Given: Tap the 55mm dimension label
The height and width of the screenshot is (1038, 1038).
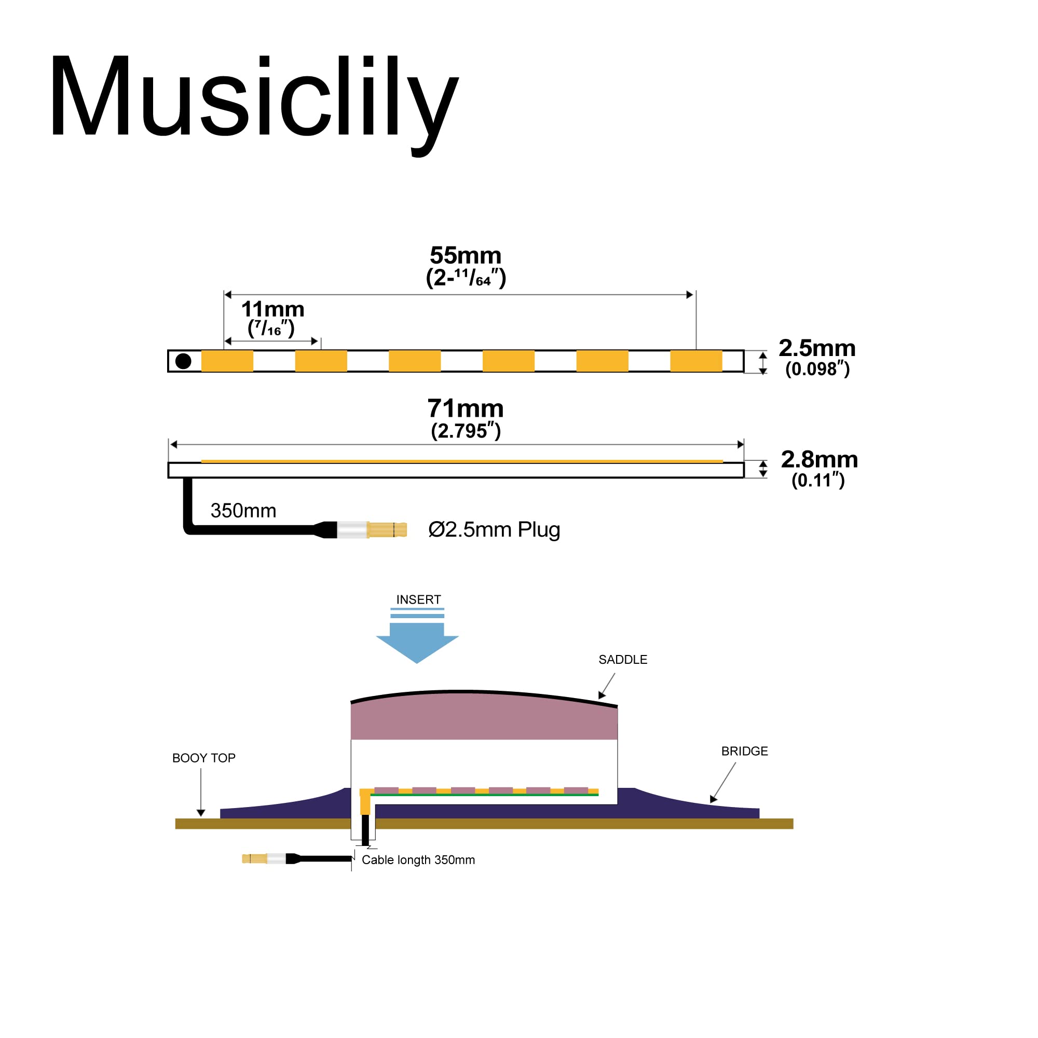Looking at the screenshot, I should [x=465, y=256].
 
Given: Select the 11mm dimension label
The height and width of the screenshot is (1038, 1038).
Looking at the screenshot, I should [x=272, y=309].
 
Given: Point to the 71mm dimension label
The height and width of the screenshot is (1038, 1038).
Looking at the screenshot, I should [x=465, y=409].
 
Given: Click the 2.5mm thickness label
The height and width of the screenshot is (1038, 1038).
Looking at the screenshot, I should [x=816, y=348].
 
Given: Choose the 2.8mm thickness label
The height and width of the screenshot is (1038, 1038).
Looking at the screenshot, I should [x=819, y=459].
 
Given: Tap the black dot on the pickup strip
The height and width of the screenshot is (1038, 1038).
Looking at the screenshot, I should [x=183, y=361].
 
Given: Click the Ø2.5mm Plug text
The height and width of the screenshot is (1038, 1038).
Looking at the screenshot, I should [x=494, y=530].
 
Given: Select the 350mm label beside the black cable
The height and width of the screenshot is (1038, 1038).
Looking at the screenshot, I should [x=243, y=510].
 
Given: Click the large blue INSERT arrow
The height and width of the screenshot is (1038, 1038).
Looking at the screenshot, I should [x=417, y=641].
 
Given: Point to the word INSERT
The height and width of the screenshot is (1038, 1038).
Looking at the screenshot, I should [x=418, y=599].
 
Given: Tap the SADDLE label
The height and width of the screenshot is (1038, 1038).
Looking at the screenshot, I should [x=623, y=660].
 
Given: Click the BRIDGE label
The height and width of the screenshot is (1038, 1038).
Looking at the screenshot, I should [x=744, y=751].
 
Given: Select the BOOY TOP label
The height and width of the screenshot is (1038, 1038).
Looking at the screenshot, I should [x=203, y=758].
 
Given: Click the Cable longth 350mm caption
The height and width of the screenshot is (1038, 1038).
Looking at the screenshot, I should [x=418, y=860].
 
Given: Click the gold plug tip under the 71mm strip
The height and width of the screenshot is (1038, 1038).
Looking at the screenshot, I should [x=387, y=530].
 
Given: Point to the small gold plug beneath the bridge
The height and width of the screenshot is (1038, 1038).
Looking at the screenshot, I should [x=254, y=858].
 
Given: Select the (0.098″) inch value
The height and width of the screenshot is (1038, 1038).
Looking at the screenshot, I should [x=817, y=369].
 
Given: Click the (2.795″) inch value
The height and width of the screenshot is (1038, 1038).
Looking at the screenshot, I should [x=465, y=431].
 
